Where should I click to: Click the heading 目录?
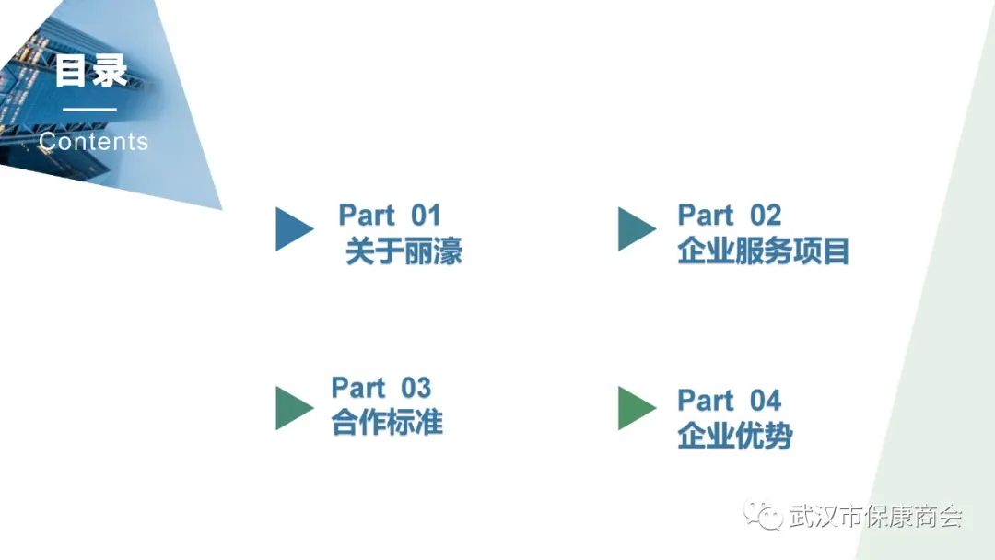pyautogui.click(x=90, y=72)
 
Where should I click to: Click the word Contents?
pyautogui.click(x=93, y=142)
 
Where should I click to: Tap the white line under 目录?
pyautogui.click(x=89, y=111)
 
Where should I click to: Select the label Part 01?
pyautogui.click(x=390, y=216)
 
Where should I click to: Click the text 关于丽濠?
pyautogui.click(x=404, y=251)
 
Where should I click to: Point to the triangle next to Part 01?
pyautogui.click(x=292, y=228)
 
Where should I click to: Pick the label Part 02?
pyautogui.click(x=729, y=216)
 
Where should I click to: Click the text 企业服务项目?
pyautogui.click(x=763, y=251)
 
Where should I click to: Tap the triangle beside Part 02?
pyautogui.click(x=634, y=228)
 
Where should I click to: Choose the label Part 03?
pyautogui.click(x=381, y=388)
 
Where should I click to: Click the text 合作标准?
pyautogui.click(x=387, y=423)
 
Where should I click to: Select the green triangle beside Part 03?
pyautogui.click(x=292, y=408)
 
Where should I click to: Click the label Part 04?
pyautogui.click(x=729, y=401)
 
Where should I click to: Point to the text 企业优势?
pyautogui.click(x=734, y=436)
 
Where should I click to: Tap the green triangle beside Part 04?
pyautogui.click(x=634, y=408)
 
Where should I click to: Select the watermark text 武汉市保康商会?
pyautogui.click(x=875, y=517)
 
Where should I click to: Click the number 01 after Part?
pyautogui.click(x=426, y=216)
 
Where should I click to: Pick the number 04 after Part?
pyautogui.click(x=765, y=401)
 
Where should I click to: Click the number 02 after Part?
pyautogui.click(x=765, y=216)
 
